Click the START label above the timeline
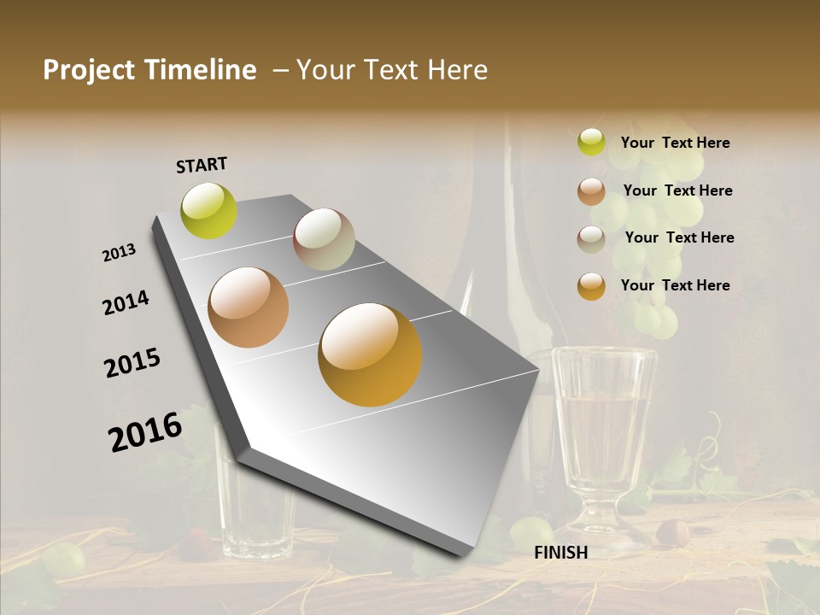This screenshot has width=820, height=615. click(x=202, y=165)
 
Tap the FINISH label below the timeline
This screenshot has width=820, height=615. click(x=560, y=553)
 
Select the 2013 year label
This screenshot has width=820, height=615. click(x=119, y=253)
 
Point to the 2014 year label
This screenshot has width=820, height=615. click(x=126, y=303)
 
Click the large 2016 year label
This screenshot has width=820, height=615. click(x=145, y=431)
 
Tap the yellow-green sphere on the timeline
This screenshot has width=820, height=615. click(x=208, y=210)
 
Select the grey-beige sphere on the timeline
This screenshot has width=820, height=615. click(x=324, y=239)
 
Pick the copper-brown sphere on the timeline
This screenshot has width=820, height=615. click(x=249, y=307)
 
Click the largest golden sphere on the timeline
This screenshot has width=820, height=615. click(x=370, y=354)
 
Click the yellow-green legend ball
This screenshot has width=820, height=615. click(x=591, y=142)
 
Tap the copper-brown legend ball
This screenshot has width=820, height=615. click(x=591, y=191)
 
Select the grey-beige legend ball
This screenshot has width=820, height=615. click(x=591, y=239)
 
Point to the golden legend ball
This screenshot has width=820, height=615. click(x=591, y=286)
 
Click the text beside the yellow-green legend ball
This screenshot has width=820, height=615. click(x=675, y=143)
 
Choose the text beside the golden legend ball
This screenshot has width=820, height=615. click(x=675, y=285)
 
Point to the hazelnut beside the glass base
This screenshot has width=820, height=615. click(x=672, y=532)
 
